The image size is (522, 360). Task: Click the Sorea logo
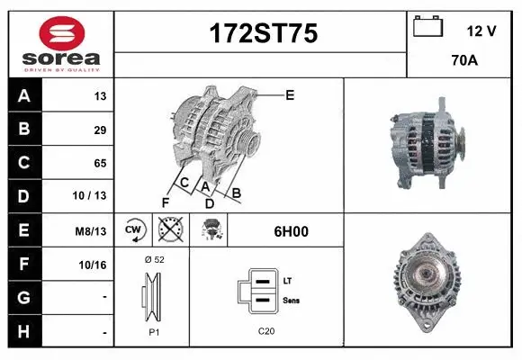point(60,44)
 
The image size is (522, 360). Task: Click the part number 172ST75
point(263,34)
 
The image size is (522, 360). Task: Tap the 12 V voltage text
point(481,31)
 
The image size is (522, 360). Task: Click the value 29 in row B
point(100,130)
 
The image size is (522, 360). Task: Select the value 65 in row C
point(100,164)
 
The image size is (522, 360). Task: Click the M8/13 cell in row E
point(91,231)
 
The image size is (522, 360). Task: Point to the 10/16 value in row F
point(94,265)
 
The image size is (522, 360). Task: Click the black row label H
point(24,331)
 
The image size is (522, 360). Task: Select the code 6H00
point(291,230)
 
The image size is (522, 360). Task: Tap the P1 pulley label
point(153,331)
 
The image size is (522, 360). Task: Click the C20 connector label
point(266,331)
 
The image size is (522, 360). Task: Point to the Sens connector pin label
point(292,300)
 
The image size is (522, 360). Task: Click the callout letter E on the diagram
point(290,94)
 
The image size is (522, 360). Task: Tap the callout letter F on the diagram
point(166,202)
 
